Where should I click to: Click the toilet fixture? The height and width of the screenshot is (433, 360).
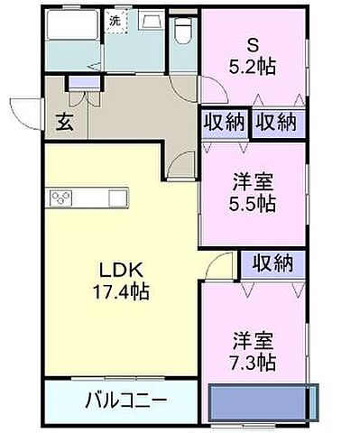click(181, 31)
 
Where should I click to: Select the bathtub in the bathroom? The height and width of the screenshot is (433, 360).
click(72, 25)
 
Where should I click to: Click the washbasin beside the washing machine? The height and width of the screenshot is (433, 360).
click(152, 21)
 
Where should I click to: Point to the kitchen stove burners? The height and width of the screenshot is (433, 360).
click(61, 198)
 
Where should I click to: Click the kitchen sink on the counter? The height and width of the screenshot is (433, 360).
click(117, 198)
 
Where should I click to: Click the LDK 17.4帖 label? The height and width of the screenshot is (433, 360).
click(121, 281)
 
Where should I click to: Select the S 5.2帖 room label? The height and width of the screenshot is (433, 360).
click(253, 57)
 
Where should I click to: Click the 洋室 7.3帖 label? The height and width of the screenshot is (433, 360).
click(253, 351)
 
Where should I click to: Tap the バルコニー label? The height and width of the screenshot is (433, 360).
click(125, 400)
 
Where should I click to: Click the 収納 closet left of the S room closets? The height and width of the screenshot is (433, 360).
click(225, 122)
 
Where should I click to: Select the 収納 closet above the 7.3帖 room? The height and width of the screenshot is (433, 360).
click(272, 263)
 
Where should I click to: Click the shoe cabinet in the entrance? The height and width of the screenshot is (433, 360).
click(84, 83)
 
